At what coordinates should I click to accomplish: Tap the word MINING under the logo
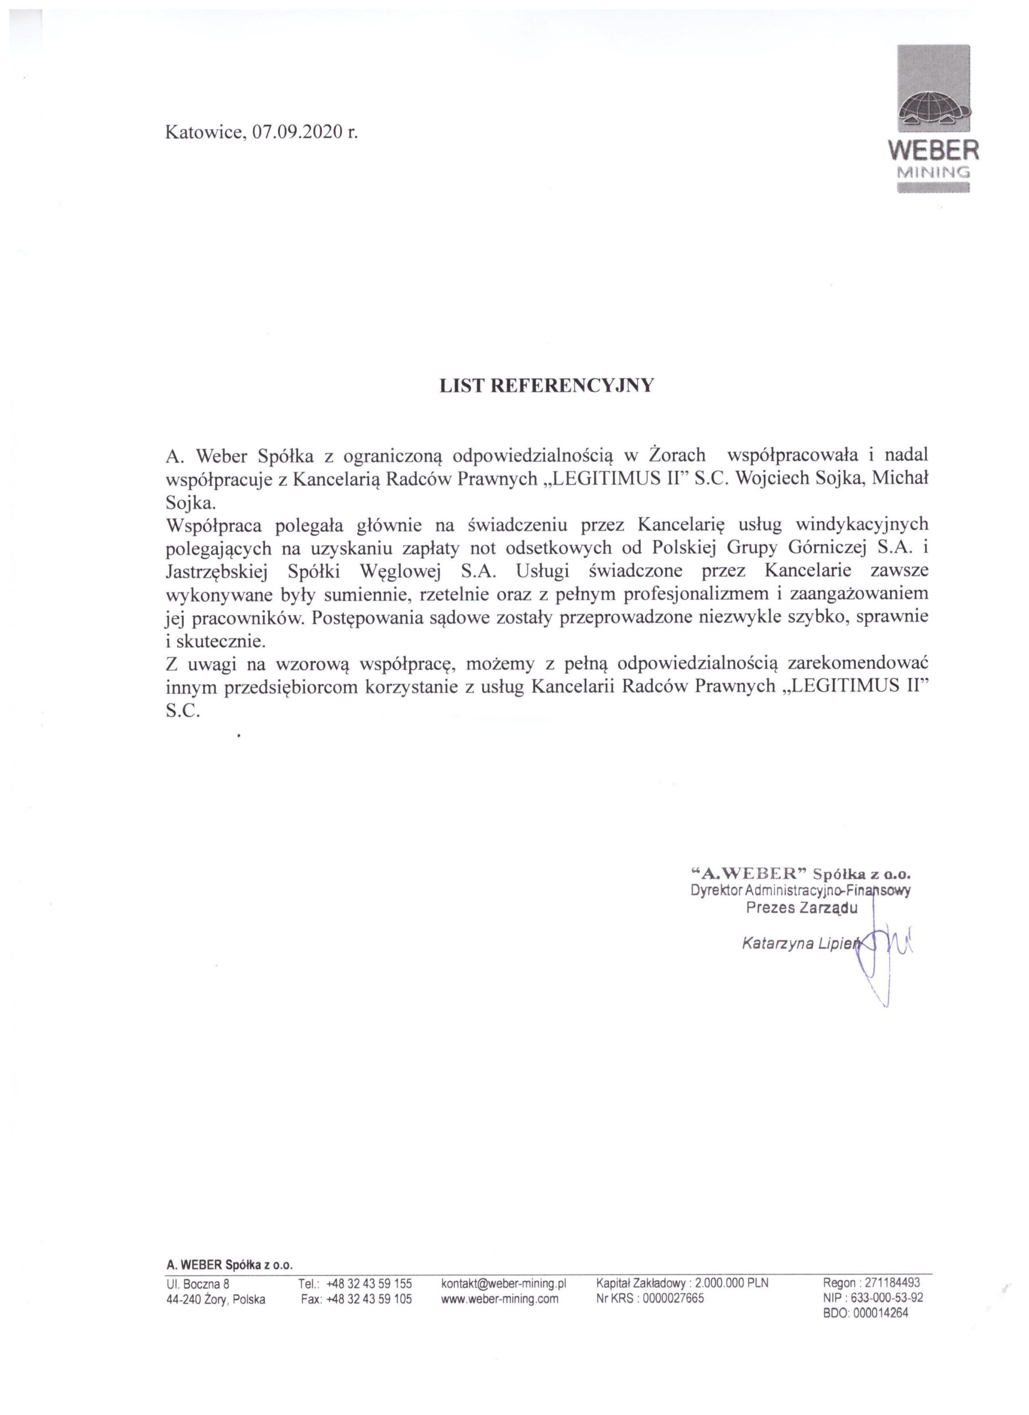932,172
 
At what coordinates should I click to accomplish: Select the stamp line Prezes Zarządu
801,908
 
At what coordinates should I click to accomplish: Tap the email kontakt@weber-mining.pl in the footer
503,1283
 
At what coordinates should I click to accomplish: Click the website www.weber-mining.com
499,1299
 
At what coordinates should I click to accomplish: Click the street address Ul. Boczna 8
198,1283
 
